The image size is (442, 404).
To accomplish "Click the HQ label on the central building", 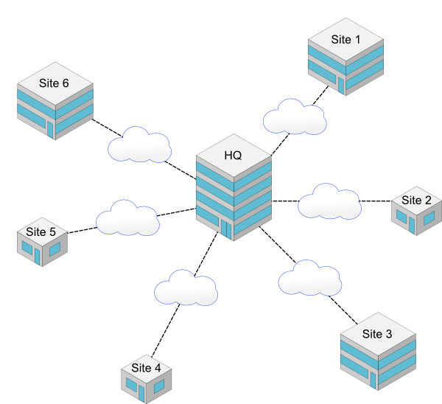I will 233,156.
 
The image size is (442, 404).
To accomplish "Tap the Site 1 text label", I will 345,40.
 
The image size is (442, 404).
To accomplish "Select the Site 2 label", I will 416,200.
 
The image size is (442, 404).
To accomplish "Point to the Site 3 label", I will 377,334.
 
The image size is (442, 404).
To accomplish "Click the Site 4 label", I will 146,368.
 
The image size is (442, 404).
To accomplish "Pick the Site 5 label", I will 41,231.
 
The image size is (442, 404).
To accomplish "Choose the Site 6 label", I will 55,83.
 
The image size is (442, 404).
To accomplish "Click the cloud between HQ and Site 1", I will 295,118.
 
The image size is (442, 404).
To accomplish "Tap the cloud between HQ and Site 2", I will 329,203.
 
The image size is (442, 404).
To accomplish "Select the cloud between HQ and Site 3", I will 310,279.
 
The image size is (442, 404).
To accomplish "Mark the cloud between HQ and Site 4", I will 186,288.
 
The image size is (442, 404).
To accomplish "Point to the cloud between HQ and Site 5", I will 127,219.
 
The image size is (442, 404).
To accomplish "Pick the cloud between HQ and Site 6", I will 140,146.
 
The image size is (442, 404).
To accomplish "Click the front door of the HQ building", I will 225,228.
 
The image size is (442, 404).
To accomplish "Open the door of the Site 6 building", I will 50,129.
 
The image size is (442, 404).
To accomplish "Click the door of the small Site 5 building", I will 35,255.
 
